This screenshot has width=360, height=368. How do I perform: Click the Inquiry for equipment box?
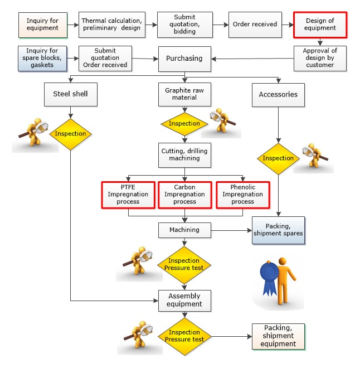tap(42, 25)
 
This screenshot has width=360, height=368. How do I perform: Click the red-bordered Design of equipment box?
tap(320, 25)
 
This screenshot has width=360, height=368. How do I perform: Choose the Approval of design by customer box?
tap(320, 58)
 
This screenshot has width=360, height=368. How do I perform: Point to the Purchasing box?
tap(184, 58)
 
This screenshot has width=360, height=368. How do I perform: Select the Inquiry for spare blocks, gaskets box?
tap(42, 58)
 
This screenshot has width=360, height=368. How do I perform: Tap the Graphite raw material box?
tap(184, 94)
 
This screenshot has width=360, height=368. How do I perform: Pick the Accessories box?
tap(278, 94)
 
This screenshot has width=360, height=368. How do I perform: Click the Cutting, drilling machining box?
tap(184, 154)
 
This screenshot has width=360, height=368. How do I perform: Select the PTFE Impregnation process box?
tap(128, 195)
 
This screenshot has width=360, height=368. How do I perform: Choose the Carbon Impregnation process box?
tap(184, 195)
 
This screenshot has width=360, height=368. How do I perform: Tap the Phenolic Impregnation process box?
tap(242, 195)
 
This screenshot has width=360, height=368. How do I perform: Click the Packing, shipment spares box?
tap(278, 229)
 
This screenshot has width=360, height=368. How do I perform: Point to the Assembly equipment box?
tap(184, 301)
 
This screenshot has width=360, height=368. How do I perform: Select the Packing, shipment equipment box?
tap(278, 336)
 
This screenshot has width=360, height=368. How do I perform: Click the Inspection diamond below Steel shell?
tap(70, 134)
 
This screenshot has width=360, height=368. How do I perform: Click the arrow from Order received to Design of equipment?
tap(286, 25)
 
